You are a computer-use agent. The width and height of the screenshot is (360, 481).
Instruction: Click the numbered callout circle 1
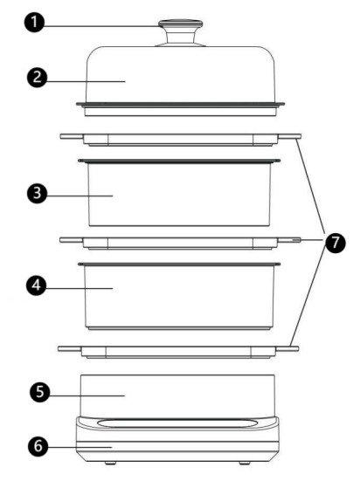34,22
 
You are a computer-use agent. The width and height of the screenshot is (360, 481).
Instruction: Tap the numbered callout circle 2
37,78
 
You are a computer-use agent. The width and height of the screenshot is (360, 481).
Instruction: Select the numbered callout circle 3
38,193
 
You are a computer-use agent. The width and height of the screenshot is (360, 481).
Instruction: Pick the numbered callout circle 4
36,285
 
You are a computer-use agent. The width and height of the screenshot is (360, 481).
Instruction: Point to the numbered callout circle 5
40,392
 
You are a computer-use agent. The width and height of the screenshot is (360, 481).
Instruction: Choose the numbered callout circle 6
38,446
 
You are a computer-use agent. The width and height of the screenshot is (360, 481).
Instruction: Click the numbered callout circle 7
336,243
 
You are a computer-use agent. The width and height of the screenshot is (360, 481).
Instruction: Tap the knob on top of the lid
180,33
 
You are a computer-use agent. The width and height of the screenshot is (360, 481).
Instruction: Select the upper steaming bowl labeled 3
179,193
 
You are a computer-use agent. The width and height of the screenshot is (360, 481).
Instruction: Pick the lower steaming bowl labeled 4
179,296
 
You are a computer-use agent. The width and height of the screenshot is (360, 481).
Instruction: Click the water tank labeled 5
177,395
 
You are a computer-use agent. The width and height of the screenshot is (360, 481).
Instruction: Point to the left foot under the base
110,463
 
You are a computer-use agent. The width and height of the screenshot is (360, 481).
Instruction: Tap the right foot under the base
245,463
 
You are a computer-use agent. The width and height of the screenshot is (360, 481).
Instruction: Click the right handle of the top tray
289,136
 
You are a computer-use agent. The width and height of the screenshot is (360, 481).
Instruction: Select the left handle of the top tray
72,136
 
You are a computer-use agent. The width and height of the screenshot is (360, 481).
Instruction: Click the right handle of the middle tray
289,240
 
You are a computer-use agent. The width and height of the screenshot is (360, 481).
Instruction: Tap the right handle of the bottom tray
287,349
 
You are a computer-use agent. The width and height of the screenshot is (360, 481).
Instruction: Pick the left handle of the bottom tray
70,349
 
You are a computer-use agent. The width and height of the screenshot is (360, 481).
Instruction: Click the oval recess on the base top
177,423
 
